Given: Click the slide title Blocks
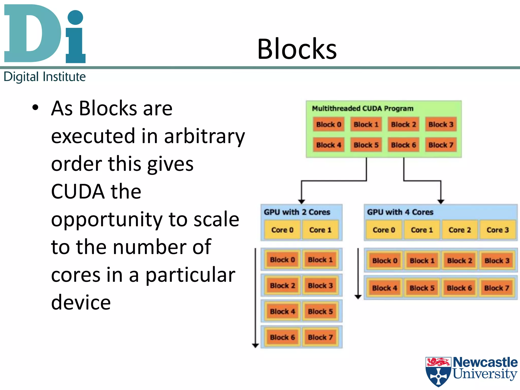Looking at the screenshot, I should click(297, 49).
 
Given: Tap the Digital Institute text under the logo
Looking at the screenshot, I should click(45, 77).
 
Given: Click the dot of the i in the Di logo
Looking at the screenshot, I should click(75, 17).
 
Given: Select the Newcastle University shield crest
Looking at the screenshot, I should click(438, 371).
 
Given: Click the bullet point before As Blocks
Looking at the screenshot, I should click(35, 108).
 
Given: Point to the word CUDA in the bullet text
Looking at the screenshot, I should click(78, 191).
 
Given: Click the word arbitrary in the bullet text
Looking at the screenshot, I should click(205, 136).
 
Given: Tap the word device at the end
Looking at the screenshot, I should click(81, 302).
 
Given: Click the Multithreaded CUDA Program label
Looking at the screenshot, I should click(362, 108).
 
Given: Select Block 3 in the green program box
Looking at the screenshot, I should click(441, 124).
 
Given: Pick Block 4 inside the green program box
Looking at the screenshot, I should click(329, 145).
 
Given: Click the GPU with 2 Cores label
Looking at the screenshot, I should click(297, 212).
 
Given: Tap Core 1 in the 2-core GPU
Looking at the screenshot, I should click(320, 230).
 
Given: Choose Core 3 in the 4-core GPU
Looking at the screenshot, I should click(497, 230).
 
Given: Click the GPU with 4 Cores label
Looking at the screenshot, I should click(400, 212).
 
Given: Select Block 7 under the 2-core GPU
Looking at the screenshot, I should click(320, 337).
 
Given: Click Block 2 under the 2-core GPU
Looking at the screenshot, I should click(282, 286).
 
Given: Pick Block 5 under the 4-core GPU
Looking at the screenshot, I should click(422, 288).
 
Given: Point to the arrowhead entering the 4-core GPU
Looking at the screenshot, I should click(441, 202).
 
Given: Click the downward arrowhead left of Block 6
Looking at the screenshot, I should click(255, 345).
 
